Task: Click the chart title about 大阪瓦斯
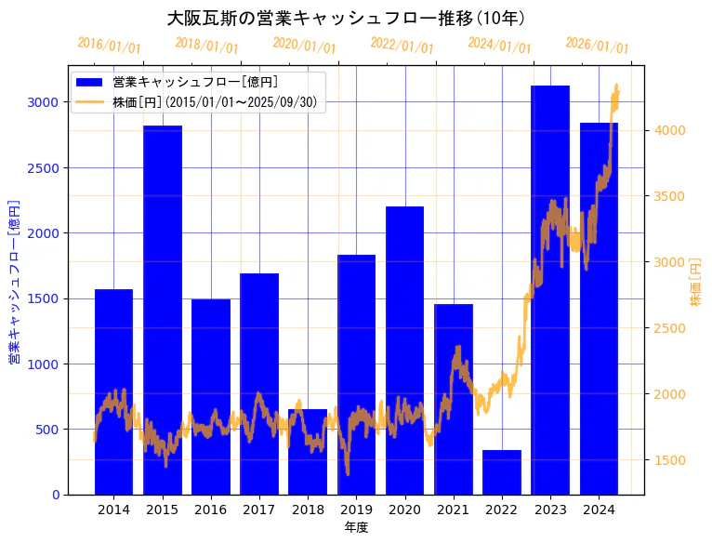(346, 19)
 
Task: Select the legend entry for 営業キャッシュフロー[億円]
(194, 83)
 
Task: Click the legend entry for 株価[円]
(218, 102)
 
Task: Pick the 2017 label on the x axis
(259, 510)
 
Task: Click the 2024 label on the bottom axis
(599, 510)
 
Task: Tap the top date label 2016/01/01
(110, 46)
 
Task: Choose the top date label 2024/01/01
(500, 46)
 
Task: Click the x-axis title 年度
(356, 527)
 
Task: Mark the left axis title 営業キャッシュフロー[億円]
(14, 281)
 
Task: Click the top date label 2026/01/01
(598, 46)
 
